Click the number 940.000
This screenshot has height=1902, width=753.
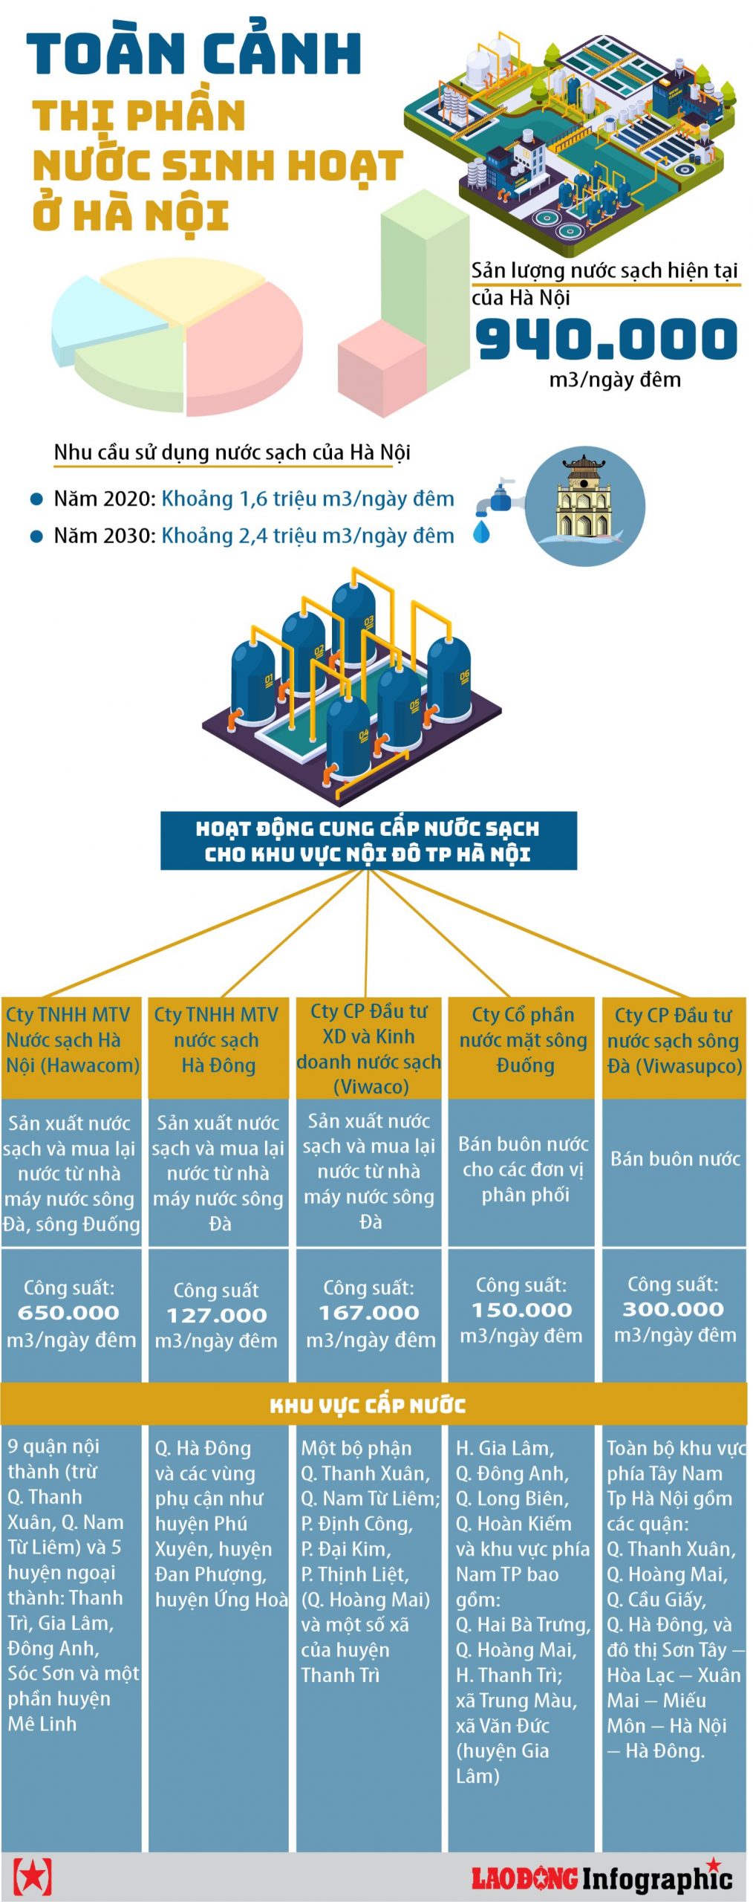tap(606, 338)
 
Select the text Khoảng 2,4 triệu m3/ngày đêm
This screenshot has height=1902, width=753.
tap(307, 535)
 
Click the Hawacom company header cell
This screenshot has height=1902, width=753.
tap(71, 1040)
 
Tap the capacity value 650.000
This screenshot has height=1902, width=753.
tap(68, 1313)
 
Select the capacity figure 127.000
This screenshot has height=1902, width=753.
tap(216, 1315)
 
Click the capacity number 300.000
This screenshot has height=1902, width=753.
tap(673, 1309)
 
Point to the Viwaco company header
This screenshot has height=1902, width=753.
tap(369, 1048)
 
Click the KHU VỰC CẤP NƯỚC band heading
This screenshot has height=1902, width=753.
tap(368, 1405)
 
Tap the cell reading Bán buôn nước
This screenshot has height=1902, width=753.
tap(674, 1159)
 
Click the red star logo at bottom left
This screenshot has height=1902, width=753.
tap(33, 1876)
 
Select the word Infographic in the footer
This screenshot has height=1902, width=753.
tap(656, 1879)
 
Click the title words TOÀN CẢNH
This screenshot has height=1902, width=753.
tap(195, 53)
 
